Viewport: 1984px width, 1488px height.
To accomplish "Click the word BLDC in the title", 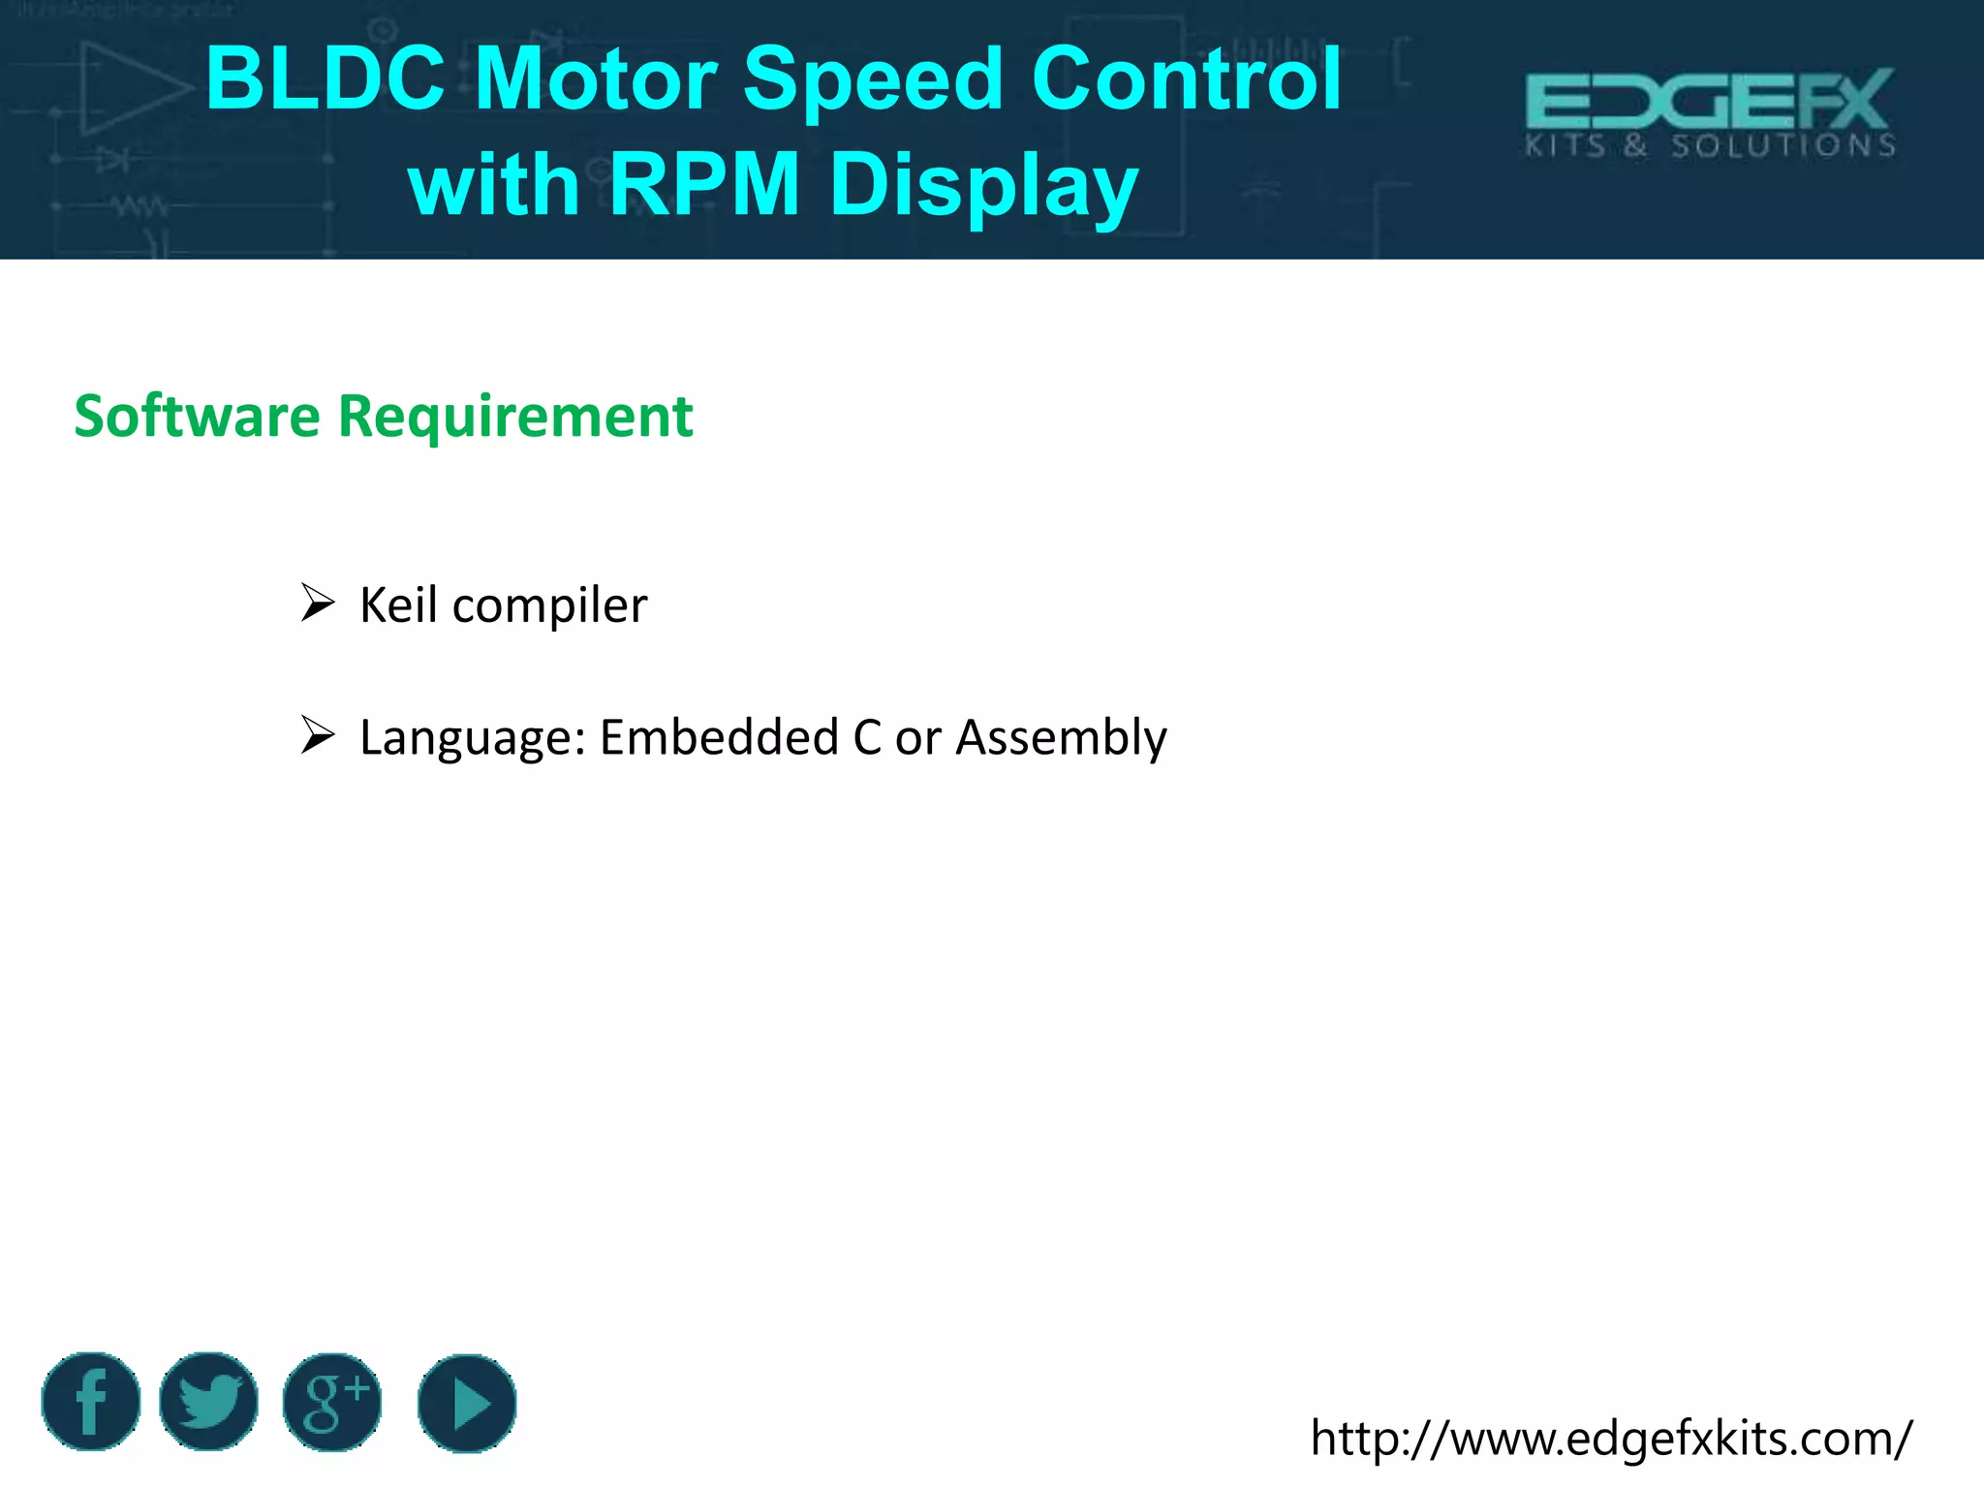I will [325, 79].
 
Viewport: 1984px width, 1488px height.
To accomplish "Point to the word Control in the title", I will [1186, 79].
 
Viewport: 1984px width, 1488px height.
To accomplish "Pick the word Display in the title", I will [983, 186].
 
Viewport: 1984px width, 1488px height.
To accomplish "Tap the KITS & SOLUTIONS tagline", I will [1709, 146].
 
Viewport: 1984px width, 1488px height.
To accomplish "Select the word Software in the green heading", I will [197, 417].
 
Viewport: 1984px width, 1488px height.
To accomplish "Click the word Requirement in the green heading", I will [515, 417].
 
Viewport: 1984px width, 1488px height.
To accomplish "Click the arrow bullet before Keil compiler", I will [317, 603].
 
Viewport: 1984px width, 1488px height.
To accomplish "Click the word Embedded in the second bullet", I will [719, 737].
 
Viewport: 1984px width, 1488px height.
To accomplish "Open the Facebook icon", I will [91, 1401].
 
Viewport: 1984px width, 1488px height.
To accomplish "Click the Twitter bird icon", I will [209, 1401].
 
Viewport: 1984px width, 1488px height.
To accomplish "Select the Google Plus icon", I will [332, 1402].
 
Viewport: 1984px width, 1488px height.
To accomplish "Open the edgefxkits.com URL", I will [1611, 1439].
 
